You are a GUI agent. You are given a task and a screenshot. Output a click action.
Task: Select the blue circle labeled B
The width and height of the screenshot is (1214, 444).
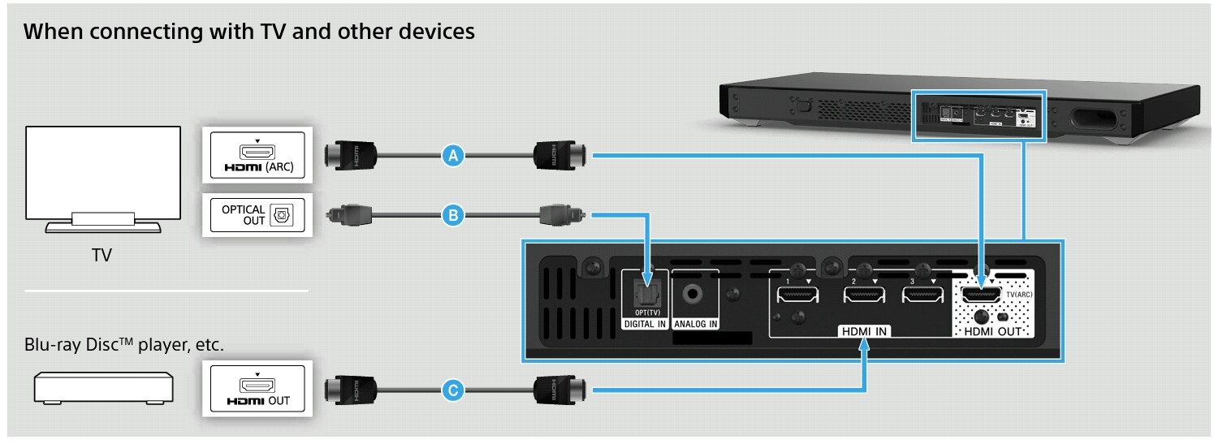click(453, 216)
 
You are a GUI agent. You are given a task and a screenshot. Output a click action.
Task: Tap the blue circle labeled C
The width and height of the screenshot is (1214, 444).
click(453, 391)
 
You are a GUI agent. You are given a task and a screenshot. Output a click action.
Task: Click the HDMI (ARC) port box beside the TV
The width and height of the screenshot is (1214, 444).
click(257, 156)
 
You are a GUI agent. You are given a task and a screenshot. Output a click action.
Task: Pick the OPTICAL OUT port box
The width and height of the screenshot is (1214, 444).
click(257, 215)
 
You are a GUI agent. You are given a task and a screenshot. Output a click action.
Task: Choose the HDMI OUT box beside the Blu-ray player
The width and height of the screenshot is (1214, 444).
click(257, 390)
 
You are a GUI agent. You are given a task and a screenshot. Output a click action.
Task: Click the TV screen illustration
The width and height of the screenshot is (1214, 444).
click(102, 173)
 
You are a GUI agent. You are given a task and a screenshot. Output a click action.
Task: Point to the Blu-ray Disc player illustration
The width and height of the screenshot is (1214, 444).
click(102, 387)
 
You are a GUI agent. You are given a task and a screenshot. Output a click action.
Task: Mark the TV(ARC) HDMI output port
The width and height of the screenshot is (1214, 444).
click(982, 295)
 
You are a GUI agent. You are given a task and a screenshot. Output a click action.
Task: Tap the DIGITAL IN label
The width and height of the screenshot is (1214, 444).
click(645, 325)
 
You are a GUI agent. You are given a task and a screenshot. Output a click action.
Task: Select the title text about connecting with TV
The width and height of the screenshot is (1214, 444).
click(249, 32)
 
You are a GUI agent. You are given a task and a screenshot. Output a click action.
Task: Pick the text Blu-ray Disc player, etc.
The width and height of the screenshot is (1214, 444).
click(123, 346)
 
